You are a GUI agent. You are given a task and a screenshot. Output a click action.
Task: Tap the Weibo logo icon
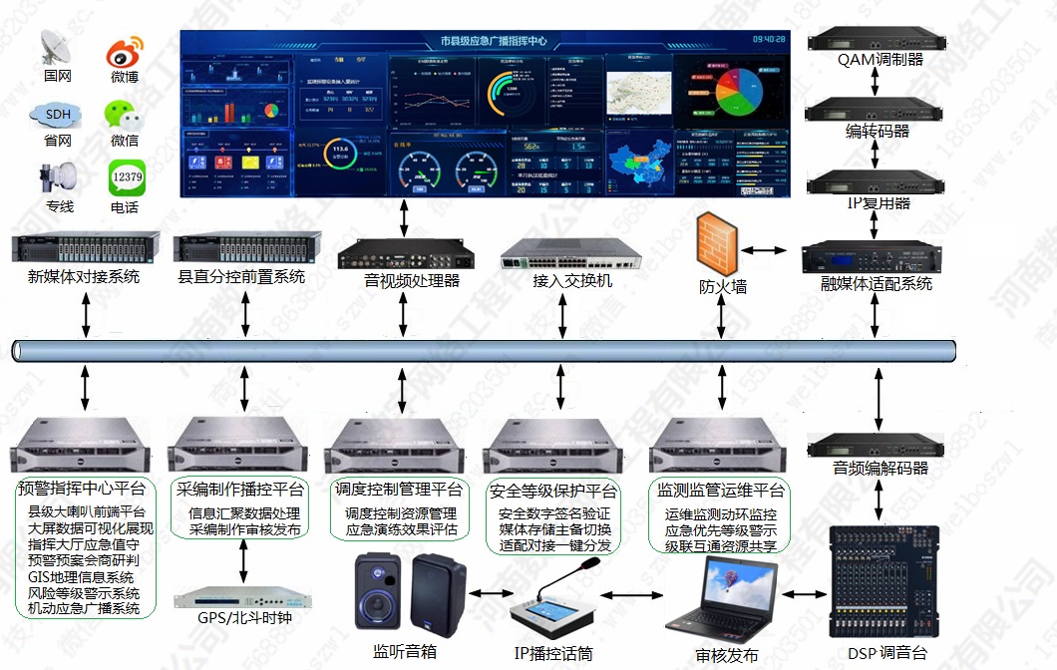(x=125, y=49)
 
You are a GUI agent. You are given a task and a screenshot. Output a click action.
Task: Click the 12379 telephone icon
(x=127, y=179)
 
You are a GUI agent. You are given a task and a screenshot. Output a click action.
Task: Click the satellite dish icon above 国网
(x=58, y=47)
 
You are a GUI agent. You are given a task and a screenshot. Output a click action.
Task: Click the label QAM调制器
(x=880, y=60)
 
